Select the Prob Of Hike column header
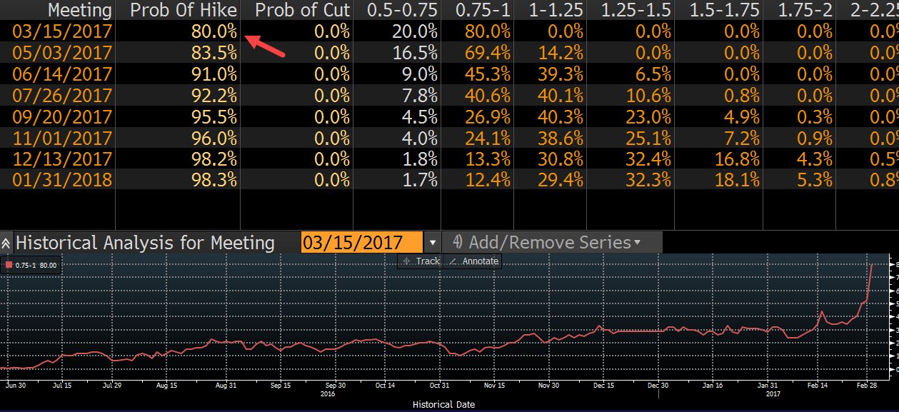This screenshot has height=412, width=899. [x=184, y=10]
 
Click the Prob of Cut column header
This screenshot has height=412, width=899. [x=302, y=10]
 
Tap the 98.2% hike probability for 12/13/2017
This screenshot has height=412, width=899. [x=214, y=158]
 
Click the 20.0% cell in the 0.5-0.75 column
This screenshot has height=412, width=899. [x=414, y=31]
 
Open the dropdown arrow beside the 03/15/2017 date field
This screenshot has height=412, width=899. [x=433, y=243]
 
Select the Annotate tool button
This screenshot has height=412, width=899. [x=473, y=261]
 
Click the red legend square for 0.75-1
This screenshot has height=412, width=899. [x=9, y=265]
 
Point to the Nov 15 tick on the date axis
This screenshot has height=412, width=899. [x=494, y=384]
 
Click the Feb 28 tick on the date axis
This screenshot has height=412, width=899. [x=866, y=384]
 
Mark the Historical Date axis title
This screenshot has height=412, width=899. [x=443, y=404]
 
